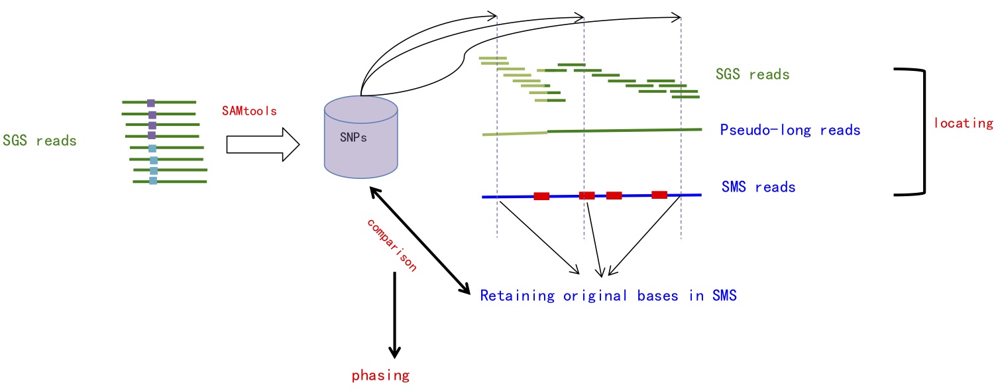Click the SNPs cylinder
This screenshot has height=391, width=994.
[x=360, y=137]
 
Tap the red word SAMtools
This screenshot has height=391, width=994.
[x=249, y=111]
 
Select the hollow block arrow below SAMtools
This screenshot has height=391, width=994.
[x=263, y=144]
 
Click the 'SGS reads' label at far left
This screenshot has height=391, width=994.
[x=40, y=140]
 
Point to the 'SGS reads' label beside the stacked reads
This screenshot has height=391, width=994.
[x=753, y=74]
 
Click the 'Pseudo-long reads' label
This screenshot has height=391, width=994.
[x=790, y=130]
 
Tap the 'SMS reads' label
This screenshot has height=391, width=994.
[x=758, y=187]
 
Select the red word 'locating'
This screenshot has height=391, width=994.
[x=964, y=123]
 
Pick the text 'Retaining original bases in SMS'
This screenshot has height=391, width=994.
[x=608, y=296]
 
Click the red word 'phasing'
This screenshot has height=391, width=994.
[x=380, y=376]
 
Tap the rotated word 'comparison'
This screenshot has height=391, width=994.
[x=392, y=245]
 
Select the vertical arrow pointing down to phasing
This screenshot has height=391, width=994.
[x=394, y=315]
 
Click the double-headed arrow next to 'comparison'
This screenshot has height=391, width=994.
[x=419, y=241]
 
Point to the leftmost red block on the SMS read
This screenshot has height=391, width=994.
[x=541, y=196]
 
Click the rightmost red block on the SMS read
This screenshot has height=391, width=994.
[x=659, y=195]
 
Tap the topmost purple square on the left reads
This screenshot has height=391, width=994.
[x=151, y=103]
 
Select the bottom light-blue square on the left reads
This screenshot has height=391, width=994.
[x=153, y=181]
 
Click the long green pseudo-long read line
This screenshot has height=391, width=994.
[x=592, y=131]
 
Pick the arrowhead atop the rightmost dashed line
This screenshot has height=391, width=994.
[x=677, y=18]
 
